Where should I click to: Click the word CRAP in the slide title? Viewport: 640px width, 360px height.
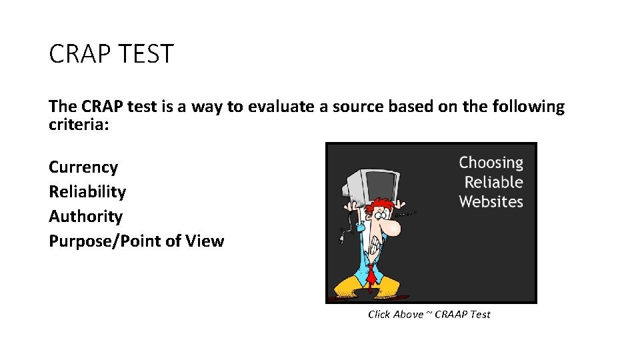pos(77,54)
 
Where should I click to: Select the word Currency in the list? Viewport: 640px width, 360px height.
pos(83,167)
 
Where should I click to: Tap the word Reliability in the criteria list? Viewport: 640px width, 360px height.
pos(87,191)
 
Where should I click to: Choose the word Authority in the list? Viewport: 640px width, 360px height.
pos(85,216)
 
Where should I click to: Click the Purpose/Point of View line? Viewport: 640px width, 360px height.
pos(136,241)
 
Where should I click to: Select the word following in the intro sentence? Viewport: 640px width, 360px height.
pos(527,107)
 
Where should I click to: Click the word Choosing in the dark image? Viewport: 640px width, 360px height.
pos(491,163)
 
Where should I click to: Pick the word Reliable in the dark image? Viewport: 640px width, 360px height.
pos(493,182)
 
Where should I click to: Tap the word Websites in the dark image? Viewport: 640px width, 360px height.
pos(491,201)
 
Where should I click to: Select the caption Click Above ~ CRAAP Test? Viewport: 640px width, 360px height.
pos(429,314)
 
